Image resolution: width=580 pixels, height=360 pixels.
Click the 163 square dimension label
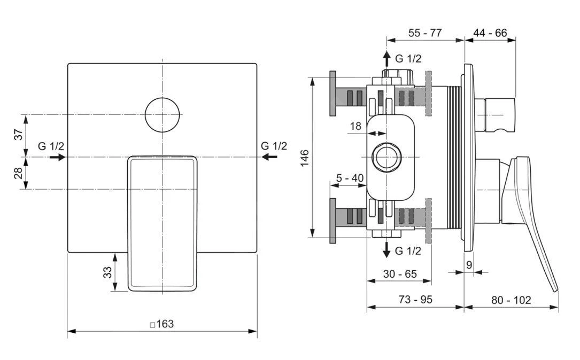point(161,324)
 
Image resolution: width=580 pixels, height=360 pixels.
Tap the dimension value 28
point(19,173)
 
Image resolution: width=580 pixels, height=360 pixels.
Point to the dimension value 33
point(107,272)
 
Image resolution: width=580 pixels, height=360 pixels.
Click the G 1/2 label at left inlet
point(51,146)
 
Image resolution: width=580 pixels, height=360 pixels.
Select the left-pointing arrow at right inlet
point(270,156)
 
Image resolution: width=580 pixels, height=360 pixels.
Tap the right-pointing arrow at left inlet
point(58,157)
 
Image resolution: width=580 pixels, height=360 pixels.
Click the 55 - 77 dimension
point(425,33)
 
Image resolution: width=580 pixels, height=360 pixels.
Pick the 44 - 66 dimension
point(490,33)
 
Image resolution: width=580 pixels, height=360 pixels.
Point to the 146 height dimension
point(304,158)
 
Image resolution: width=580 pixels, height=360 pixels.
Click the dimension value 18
point(355,126)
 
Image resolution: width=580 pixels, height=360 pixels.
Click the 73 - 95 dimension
point(415,300)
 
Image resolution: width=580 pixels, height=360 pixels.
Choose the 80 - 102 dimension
point(511,300)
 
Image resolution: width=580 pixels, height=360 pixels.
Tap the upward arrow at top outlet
point(386,58)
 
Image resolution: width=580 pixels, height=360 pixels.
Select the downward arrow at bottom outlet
point(386,251)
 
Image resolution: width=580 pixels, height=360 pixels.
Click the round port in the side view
point(386,158)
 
